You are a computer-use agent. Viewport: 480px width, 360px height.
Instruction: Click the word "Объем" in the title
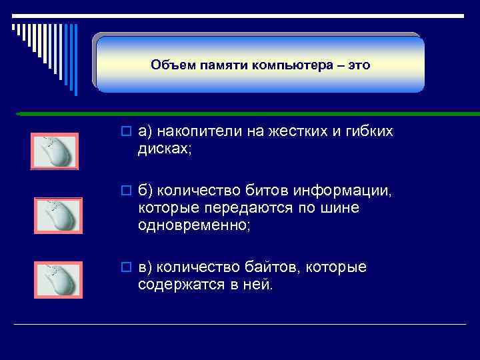(x=169, y=65)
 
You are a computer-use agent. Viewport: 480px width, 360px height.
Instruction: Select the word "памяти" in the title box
(x=212, y=65)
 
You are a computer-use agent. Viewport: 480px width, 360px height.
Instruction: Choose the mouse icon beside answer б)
(x=58, y=215)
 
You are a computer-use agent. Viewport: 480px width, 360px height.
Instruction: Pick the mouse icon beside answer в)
(x=58, y=279)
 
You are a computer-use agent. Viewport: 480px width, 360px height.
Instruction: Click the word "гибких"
(x=367, y=132)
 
